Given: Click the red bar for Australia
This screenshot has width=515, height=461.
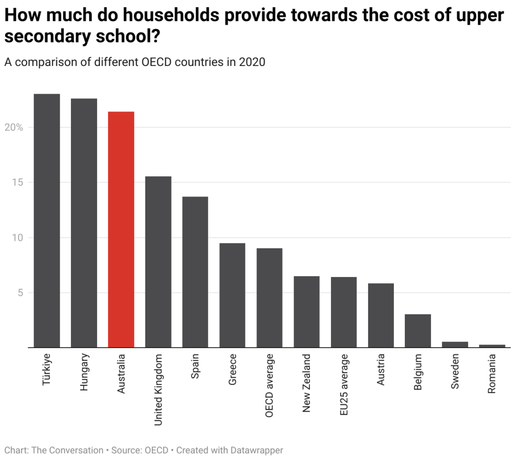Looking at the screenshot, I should click(121, 229).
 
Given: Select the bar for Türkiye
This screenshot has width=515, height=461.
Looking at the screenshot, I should click(47, 221).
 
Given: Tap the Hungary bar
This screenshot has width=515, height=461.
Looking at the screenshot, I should click(84, 223).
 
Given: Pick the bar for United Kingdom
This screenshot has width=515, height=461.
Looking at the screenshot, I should click(158, 262).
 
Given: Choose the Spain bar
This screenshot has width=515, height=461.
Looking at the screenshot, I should click(195, 272).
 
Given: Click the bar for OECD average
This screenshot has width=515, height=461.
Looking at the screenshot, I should click(270, 298).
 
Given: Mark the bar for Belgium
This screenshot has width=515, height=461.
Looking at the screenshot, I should click(418, 331).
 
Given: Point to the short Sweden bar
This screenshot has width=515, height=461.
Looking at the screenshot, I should click(455, 345).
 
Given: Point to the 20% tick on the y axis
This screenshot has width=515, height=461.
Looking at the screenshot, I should click(14, 127).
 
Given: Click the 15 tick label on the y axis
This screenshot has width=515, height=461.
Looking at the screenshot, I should click(18, 182).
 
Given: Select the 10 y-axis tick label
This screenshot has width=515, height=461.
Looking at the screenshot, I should click(18, 238).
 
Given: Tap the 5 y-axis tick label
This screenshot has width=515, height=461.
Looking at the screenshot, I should click(21, 293).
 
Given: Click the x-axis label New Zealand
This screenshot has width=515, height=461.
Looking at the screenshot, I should click(306, 383).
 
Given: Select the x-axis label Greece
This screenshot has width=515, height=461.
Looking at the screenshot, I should click(232, 371).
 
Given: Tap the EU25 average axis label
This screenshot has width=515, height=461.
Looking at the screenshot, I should click(344, 384).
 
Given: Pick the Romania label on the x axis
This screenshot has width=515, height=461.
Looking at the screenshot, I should click(492, 374).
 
